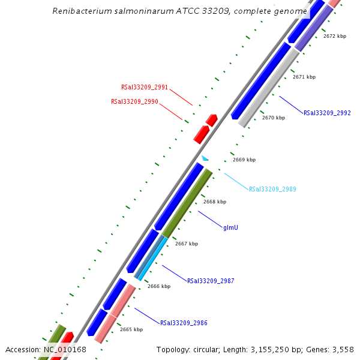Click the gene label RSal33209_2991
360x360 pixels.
pos(140,87)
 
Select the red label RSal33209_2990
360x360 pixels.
pos(134,101)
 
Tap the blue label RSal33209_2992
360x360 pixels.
pos(327,113)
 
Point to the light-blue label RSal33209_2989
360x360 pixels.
pos(272,189)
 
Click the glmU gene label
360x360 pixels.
pos(230,228)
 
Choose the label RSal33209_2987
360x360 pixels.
pos(211,281)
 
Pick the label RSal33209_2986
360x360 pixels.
pos(184,323)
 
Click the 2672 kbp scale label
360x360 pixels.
pos(335,37)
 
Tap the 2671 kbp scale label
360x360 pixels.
pos(304,77)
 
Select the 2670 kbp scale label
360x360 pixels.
pos(274,118)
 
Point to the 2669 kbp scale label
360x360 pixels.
pos(244,160)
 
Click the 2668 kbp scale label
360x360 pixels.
pos(215,202)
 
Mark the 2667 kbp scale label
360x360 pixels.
pos(187,244)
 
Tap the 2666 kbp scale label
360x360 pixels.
pos(159,286)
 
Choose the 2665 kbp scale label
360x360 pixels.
pos(131,329)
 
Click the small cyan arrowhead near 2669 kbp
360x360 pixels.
pos(205,158)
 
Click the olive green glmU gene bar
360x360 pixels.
pos(187,203)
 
